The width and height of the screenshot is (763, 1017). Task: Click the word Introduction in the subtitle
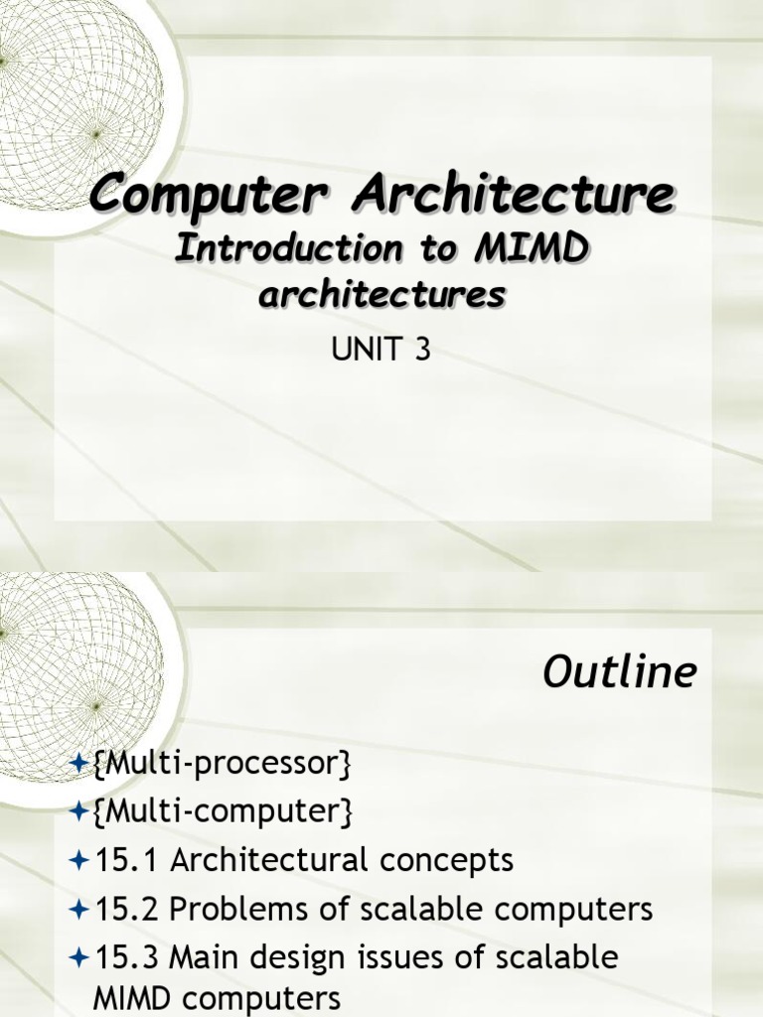pos(288,250)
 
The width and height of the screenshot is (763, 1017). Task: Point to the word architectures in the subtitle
pos(381,295)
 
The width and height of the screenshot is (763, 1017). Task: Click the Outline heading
pos(619,673)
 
